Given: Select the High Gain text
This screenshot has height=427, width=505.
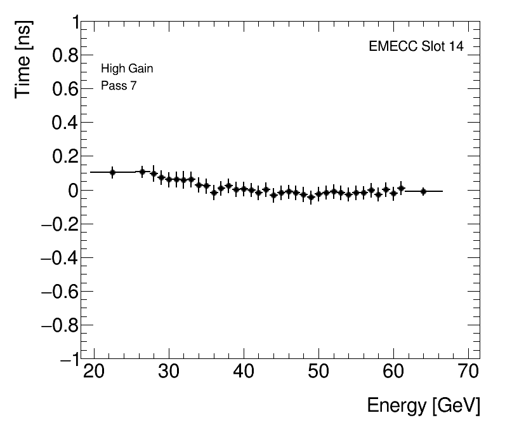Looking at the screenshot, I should pyautogui.click(x=127, y=69).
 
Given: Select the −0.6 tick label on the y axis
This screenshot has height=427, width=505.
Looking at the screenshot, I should pyautogui.click(x=56, y=292).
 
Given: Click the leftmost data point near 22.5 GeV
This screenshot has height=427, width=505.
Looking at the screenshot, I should pyautogui.click(x=112, y=172).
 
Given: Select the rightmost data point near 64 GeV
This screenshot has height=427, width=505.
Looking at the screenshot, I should pyautogui.click(x=423, y=191).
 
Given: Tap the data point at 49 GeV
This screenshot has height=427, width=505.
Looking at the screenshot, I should pyautogui.click(x=311, y=198).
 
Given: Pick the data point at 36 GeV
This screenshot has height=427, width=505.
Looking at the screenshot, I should pyautogui.click(x=214, y=193).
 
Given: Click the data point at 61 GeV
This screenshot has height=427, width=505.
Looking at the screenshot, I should pyautogui.click(x=401, y=188).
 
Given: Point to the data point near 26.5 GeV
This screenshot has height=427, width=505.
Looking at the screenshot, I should pyautogui.click(x=142, y=172).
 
